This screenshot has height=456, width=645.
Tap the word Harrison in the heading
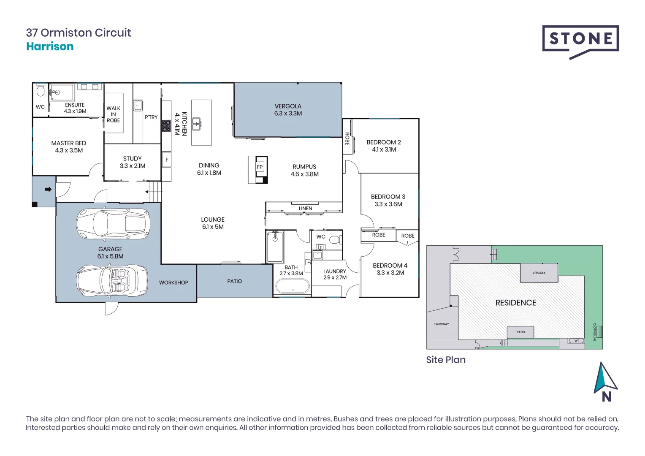pos(50,46)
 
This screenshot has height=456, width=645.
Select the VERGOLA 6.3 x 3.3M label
pos(288,110)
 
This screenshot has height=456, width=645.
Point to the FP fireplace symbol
pos(260,167)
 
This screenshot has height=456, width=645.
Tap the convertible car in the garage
pos(112,280)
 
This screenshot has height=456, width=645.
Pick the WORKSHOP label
pos(173,282)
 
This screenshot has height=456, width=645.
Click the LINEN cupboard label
pos(305,209)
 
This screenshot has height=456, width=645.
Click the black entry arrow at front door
pos(48,189)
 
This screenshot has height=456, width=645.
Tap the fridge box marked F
pos(167,160)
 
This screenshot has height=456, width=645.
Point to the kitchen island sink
pos(197,124)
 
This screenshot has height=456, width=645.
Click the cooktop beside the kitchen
pos(166,126)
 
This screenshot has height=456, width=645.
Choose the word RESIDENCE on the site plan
pos(515,303)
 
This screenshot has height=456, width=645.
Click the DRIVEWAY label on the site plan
pos(442,324)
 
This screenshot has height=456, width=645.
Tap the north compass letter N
pos(607,397)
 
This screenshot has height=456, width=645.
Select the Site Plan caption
pos(446,360)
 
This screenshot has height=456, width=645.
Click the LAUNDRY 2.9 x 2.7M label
pos(335,274)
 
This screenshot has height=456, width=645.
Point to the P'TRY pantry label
pos(151,117)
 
